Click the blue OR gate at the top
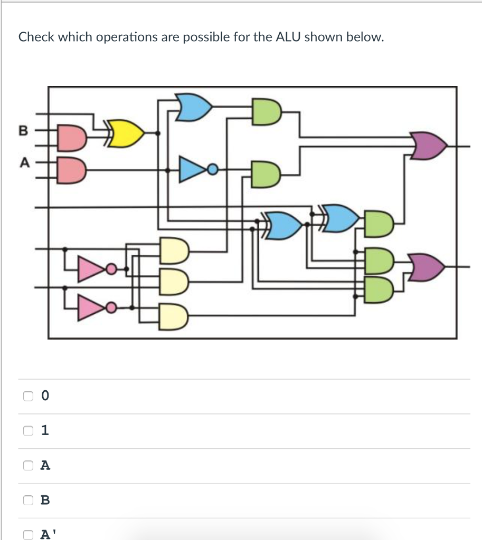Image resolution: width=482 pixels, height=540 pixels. click(195, 107)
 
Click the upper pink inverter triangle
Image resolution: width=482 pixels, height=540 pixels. click(92, 269)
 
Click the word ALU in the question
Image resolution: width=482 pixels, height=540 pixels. click(291, 37)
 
